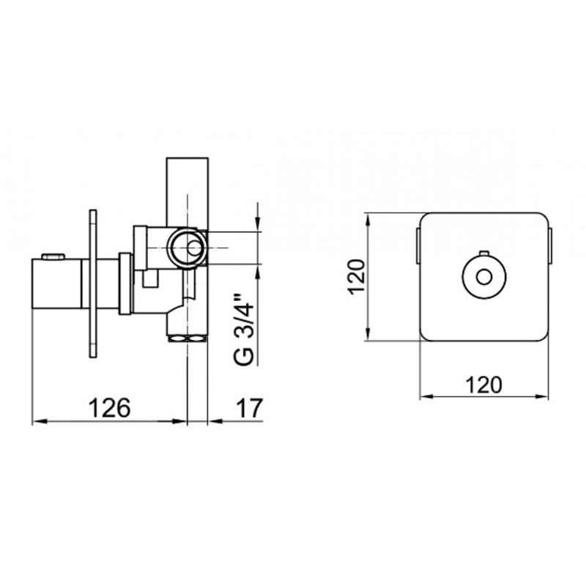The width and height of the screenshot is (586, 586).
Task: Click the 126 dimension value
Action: pos(109,408)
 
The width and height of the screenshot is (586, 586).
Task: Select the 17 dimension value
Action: pos(250,408)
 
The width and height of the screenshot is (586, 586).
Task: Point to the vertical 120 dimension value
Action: pos(356,277)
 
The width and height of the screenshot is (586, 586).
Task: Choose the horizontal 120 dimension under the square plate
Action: pos(483,385)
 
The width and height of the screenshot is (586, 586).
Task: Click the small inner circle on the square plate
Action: pos(484,278)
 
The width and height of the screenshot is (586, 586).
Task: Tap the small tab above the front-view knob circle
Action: pos(484,254)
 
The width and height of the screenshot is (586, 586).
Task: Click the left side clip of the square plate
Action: pos(418,246)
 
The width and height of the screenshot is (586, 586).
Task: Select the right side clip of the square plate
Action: pos(550,246)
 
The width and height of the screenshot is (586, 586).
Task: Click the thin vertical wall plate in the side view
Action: pos(93,283)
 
